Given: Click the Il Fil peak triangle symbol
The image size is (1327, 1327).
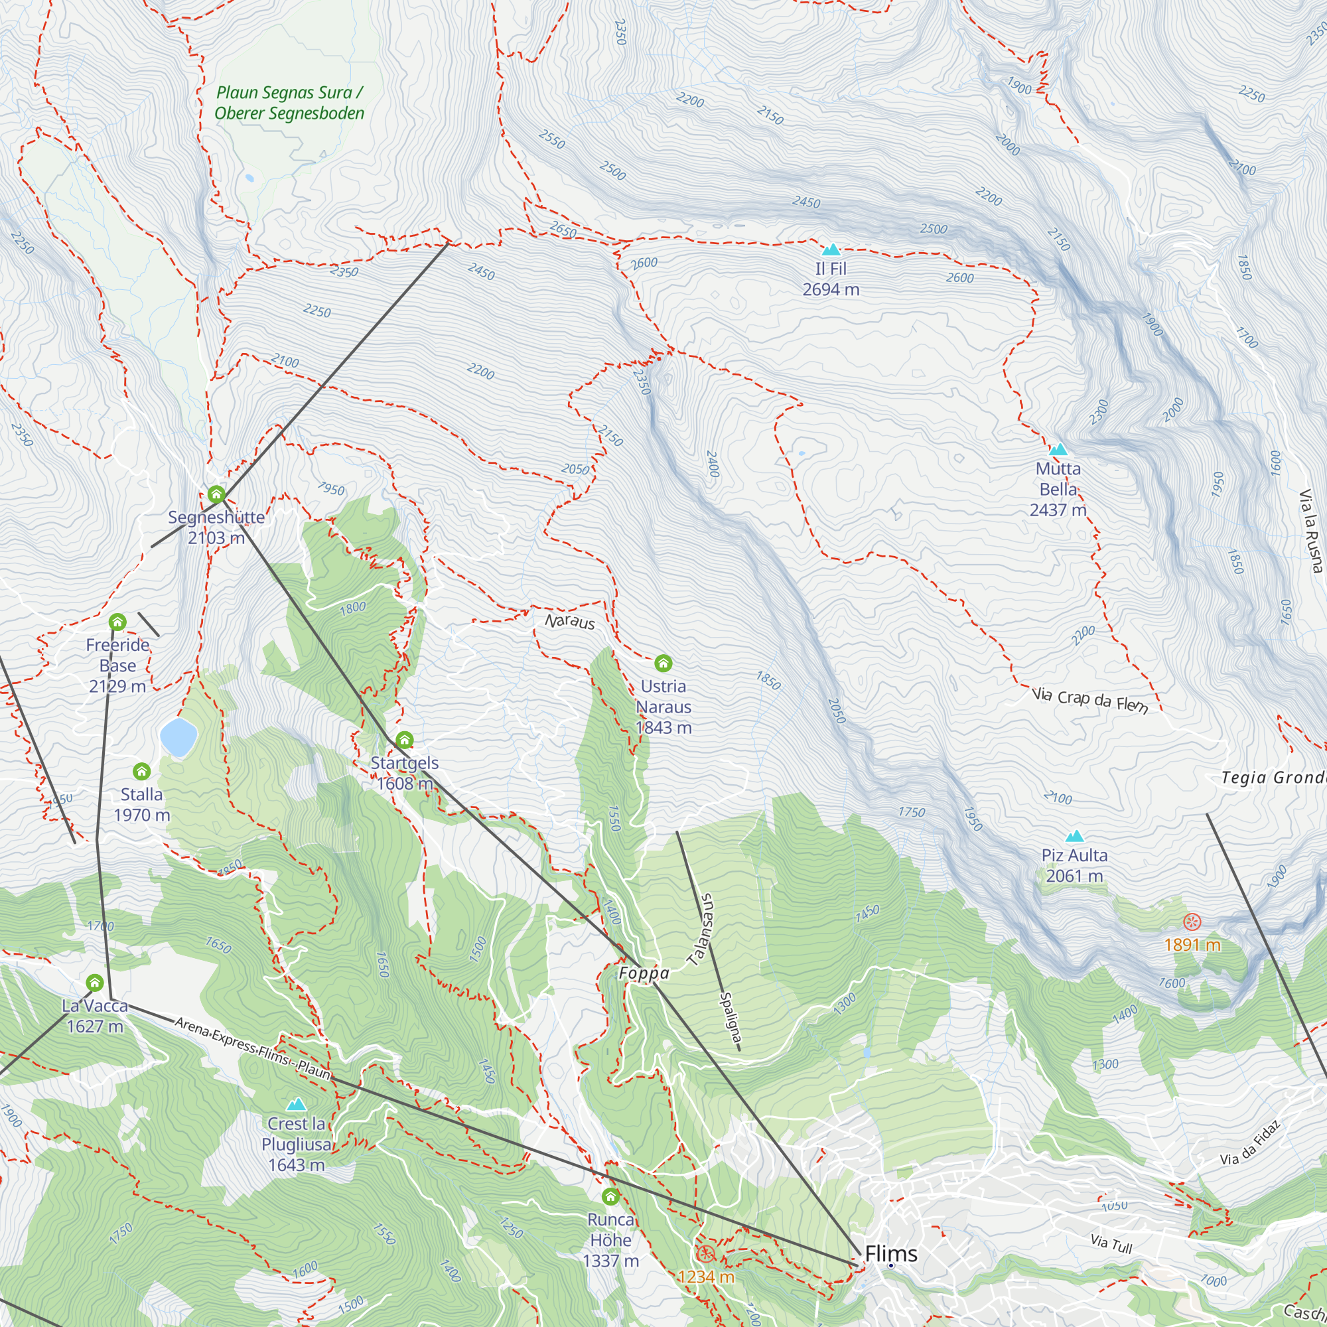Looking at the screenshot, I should click(831, 249).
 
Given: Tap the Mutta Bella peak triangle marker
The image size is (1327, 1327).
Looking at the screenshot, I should click(1058, 450).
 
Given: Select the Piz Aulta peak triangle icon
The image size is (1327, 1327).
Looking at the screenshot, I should click(1074, 837).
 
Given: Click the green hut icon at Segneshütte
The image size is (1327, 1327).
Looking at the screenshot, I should click(216, 494).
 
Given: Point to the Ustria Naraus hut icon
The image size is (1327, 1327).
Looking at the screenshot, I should click(663, 663).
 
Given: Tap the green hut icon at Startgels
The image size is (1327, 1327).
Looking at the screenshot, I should click(405, 740).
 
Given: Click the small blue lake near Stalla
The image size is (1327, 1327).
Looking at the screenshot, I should click(178, 736).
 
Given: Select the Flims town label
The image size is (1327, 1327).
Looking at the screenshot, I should click(891, 1253).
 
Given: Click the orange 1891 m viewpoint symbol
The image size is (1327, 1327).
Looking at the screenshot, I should click(1192, 922).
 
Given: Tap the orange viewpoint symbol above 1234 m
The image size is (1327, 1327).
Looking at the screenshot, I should click(705, 1254).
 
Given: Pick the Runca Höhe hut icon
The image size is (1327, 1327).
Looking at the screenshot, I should click(610, 1197).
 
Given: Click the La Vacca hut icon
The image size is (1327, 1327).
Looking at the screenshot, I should click(95, 983).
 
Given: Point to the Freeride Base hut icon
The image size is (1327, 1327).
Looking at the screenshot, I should click(117, 622).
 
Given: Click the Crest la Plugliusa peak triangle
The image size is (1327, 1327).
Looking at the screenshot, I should click(296, 1105).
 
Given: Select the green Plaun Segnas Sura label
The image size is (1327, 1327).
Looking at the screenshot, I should click(289, 103).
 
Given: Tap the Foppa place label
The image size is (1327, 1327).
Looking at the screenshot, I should click(644, 973).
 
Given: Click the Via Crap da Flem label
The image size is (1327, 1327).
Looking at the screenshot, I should click(1089, 700).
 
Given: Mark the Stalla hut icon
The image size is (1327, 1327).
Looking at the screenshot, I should click(141, 772).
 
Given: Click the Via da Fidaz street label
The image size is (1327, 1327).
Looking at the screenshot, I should click(1250, 1144).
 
